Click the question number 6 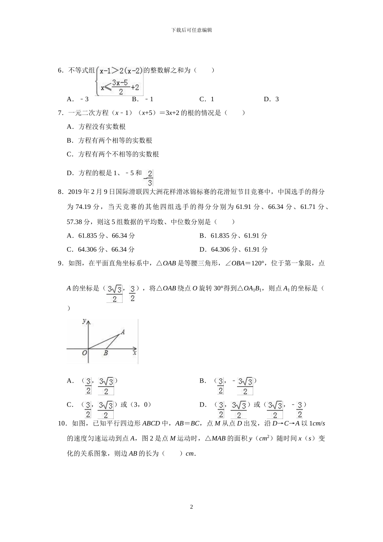pyautogui.click(x=60, y=70)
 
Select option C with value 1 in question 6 pyautogui.click(x=207, y=99)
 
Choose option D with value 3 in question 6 pyautogui.click(x=271, y=99)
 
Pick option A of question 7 pyautogui.click(x=96, y=127)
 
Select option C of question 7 pyautogui.click(x=113, y=154)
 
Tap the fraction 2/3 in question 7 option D pyautogui.click(x=150, y=177)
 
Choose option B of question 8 pyautogui.click(x=233, y=236)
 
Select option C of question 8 pyautogui.click(x=101, y=249)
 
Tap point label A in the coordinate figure pyautogui.click(x=123, y=331)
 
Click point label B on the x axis pyautogui.click(x=106, y=353)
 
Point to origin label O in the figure pyautogui.click(x=84, y=353)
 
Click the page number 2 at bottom pyautogui.click(x=191, y=507)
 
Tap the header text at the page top pyautogui.click(x=191, y=30)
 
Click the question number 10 pyautogui.click(x=62, y=423)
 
